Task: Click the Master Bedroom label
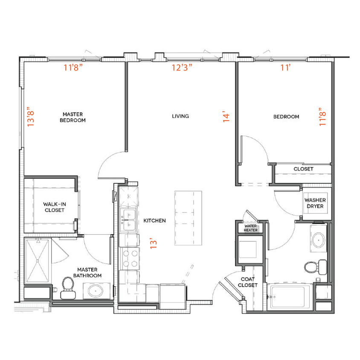click(74, 117)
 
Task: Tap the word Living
click(180, 116)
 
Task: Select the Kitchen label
click(154, 221)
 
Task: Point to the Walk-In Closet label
click(55, 207)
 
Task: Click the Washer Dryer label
click(315, 203)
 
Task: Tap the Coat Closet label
click(247, 282)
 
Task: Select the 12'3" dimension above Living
click(182, 67)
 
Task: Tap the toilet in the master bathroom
click(67, 287)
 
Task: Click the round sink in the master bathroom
click(95, 292)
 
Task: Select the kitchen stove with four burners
click(129, 258)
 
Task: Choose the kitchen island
click(188, 218)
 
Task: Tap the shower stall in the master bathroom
click(38, 261)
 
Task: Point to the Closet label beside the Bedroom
click(303, 169)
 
